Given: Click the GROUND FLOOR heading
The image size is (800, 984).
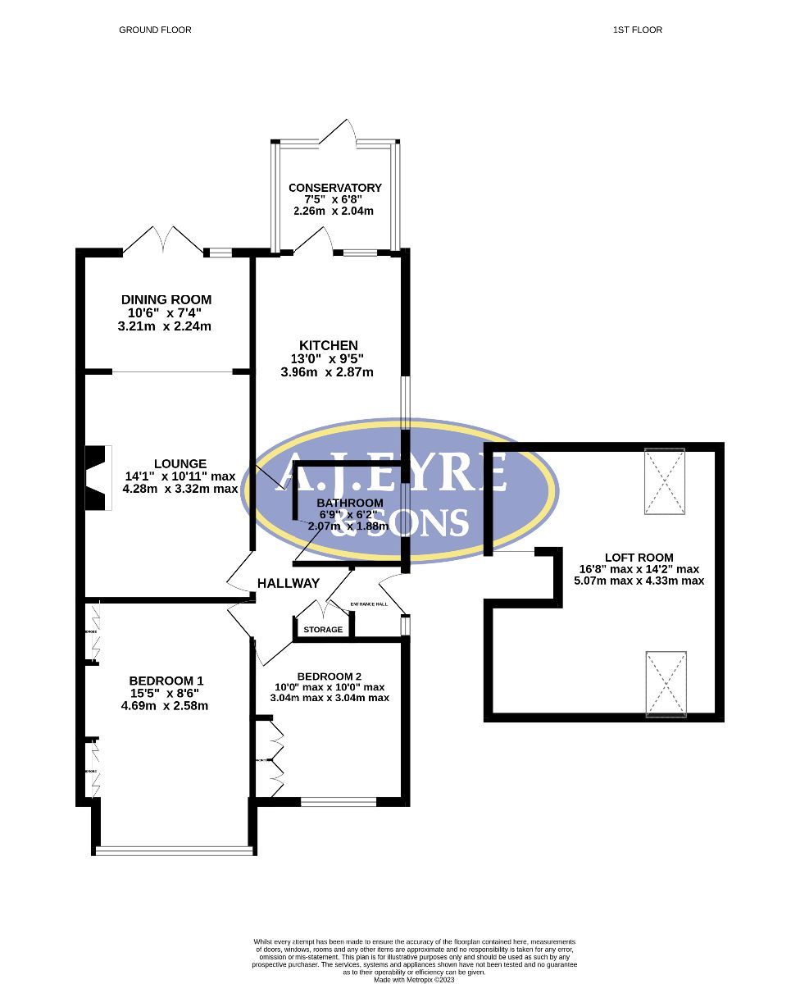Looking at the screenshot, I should click(155, 30).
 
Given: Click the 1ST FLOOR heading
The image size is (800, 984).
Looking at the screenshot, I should click(637, 30).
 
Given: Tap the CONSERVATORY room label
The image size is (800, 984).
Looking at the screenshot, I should click(334, 188).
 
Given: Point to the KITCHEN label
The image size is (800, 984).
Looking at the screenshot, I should click(327, 345).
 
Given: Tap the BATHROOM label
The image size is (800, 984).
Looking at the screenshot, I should click(350, 503).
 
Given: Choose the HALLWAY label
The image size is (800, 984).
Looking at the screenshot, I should click(289, 583).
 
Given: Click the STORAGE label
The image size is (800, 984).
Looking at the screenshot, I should click(323, 630).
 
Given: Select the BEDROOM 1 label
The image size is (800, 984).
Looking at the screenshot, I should click(166, 681).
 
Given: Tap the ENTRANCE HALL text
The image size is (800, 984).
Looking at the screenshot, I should click(369, 604).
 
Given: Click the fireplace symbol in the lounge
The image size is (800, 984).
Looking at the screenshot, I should click(98, 479).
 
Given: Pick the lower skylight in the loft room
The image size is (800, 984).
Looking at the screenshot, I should click(666, 684).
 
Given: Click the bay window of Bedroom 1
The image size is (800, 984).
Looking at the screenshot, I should click(174, 850).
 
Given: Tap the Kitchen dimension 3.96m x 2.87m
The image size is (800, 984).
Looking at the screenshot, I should click(327, 371).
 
